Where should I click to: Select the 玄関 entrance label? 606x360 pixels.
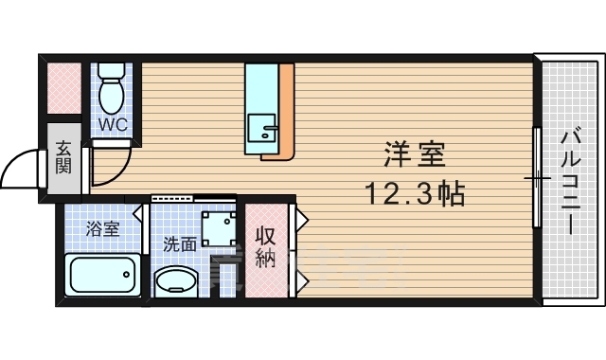click(x=63, y=158)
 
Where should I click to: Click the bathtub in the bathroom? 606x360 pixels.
click(x=101, y=275)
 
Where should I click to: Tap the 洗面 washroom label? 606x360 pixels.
click(x=180, y=243)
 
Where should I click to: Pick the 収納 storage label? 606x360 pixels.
click(x=265, y=247)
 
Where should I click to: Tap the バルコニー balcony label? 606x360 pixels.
click(x=569, y=179)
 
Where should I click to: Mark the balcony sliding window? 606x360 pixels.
click(x=537, y=177)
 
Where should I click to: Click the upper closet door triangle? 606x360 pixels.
click(x=302, y=222)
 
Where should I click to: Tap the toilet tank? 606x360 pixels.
click(x=112, y=71)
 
